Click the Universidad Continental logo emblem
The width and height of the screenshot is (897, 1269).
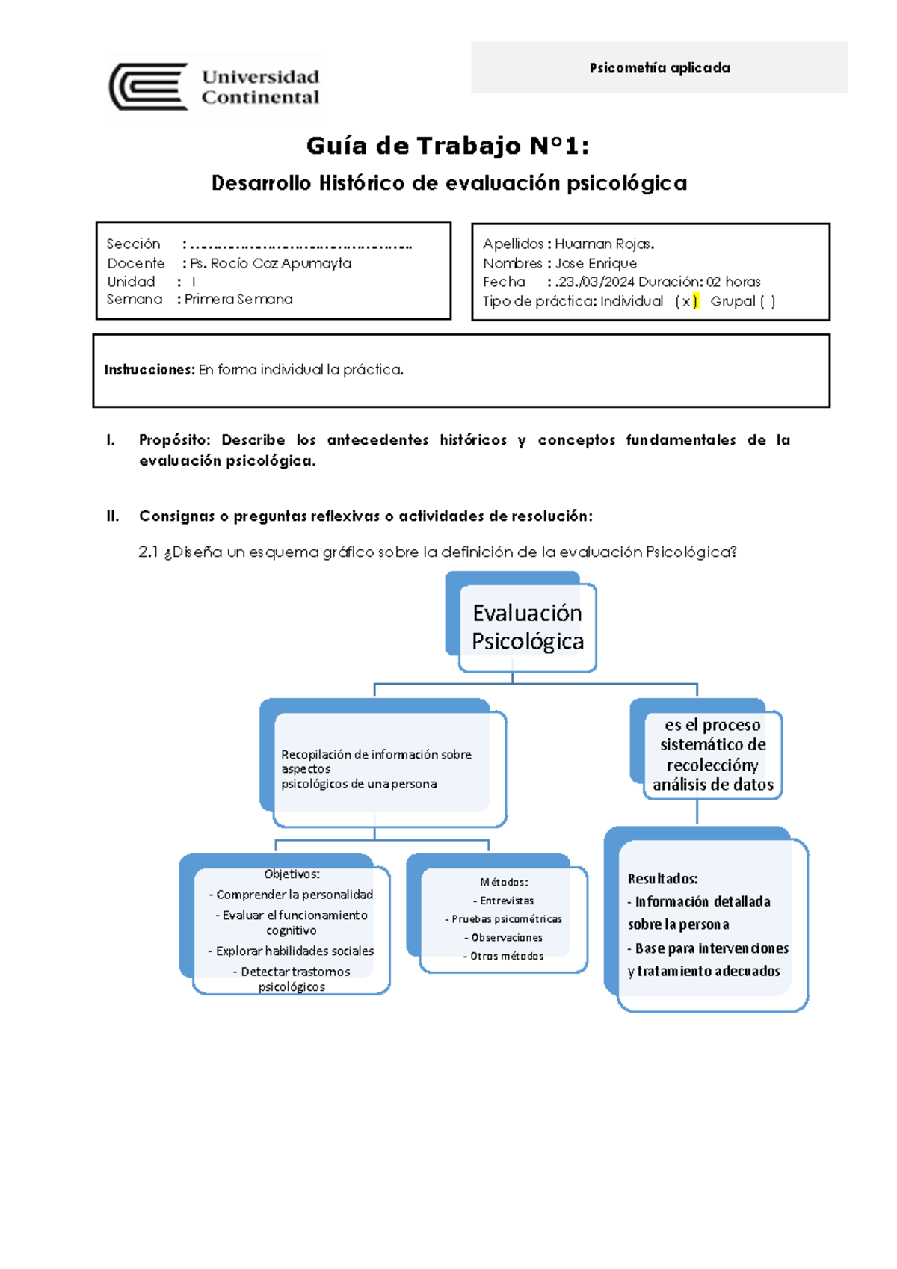(149, 87)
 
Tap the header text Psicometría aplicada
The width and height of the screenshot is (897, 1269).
(659, 68)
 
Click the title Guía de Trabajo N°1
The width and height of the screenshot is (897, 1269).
(447, 146)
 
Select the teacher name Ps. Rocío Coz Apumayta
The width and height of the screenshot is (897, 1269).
(270, 263)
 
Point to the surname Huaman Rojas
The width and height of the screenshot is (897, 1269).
(604, 244)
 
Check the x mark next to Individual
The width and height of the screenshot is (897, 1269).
(685, 302)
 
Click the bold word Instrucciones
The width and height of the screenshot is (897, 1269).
(149, 370)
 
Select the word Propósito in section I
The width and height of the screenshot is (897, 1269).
(175, 440)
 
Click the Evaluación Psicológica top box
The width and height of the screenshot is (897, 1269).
(527, 627)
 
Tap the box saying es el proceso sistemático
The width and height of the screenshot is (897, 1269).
(712, 754)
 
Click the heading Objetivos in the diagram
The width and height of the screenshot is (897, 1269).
(292, 874)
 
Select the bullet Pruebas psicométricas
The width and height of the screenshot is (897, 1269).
(506, 919)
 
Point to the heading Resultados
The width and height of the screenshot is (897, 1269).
(662, 879)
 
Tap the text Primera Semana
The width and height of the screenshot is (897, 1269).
(238, 299)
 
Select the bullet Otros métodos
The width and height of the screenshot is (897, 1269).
(506, 956)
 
